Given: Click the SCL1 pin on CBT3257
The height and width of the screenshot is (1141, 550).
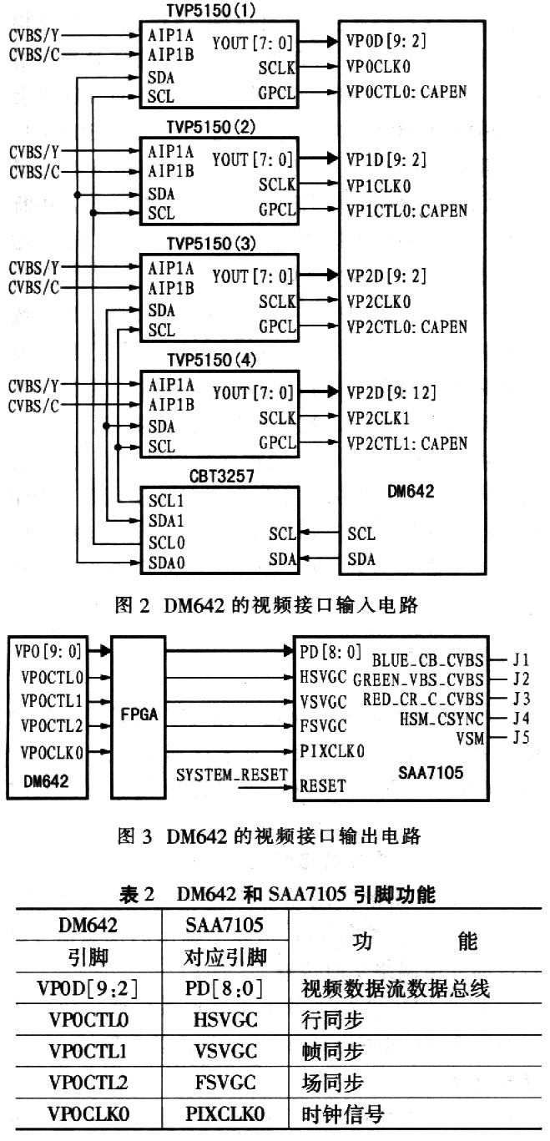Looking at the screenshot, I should point(166,502).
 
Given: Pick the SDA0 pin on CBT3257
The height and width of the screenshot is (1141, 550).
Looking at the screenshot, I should point(166,563).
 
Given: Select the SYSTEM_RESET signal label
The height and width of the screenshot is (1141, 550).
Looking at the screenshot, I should point(232,775).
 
